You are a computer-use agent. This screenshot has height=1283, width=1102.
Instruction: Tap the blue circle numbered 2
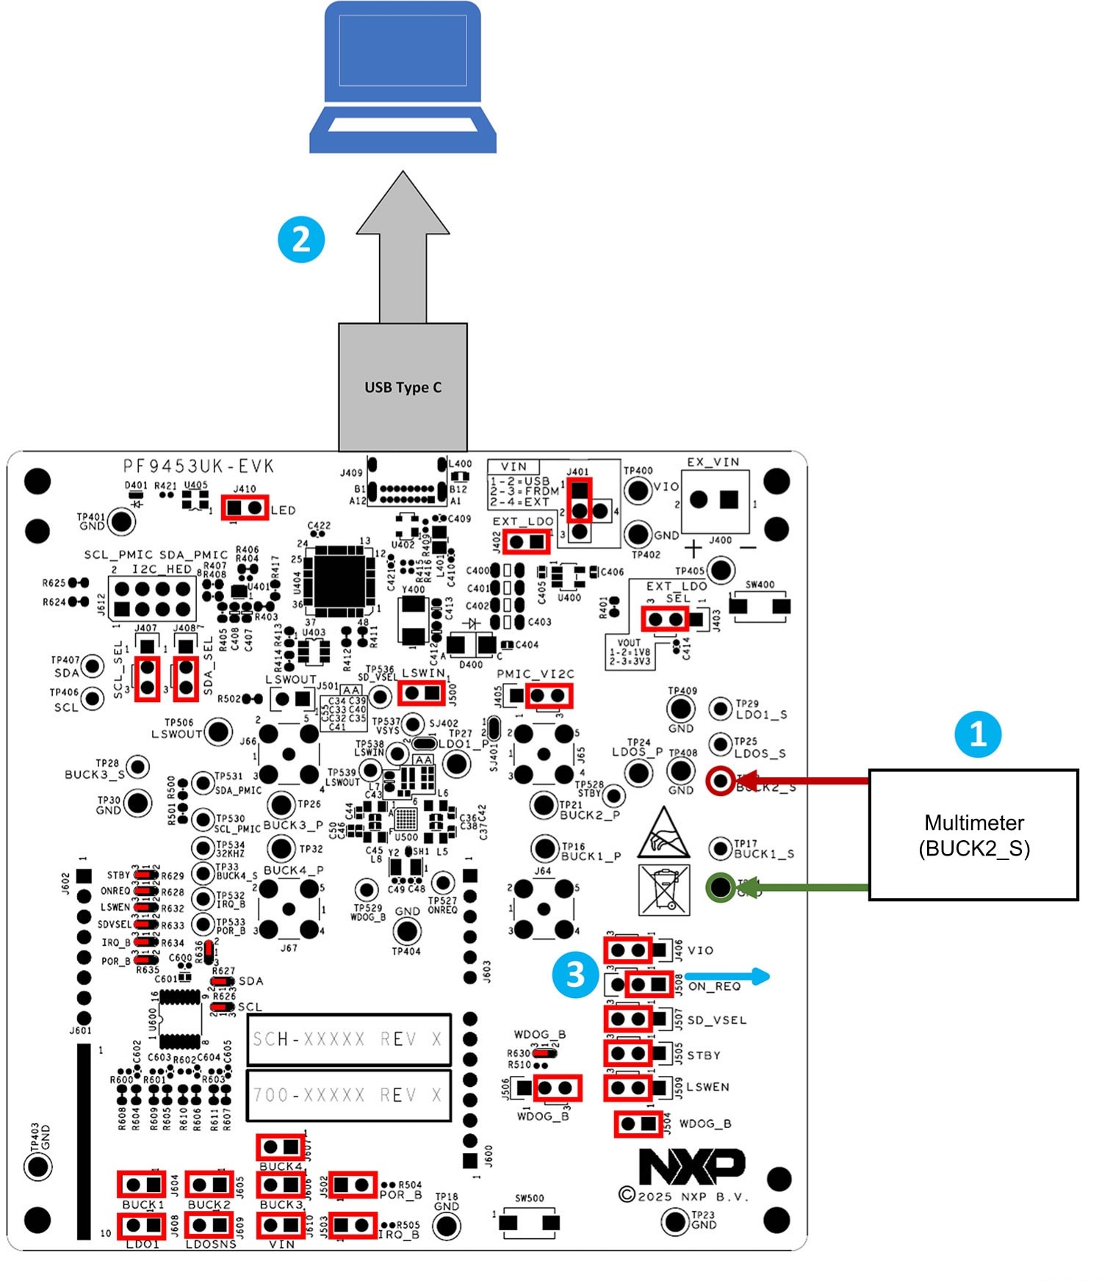point(301,239)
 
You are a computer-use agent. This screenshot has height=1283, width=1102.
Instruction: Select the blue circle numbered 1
point(978,734)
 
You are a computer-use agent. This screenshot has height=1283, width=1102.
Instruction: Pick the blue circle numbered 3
point(575,975)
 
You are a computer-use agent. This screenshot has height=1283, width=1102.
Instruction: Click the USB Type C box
point(403,387)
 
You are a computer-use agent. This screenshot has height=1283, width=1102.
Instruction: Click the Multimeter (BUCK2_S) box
point(973,835)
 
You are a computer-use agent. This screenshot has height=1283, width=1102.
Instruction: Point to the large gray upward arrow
point(403,246)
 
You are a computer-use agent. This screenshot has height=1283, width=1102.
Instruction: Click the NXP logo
point(691,1165)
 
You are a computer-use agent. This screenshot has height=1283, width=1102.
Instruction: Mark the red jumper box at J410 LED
point(245,507)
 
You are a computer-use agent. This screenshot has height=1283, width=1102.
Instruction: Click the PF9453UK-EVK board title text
point(198,466)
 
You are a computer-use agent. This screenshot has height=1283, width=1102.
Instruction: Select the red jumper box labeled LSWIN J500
point(421,693)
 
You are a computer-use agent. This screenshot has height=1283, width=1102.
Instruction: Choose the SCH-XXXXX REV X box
point(348,1039)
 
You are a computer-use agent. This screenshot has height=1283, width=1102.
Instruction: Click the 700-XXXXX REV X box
point(348,1095)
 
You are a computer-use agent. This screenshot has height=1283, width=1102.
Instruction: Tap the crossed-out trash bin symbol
point(664,889)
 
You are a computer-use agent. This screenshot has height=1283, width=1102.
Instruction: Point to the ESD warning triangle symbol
point(663,834)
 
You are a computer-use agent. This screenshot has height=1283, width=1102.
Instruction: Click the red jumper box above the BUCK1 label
point(142,1184)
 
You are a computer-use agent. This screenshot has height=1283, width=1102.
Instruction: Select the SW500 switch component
point(529,1222)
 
